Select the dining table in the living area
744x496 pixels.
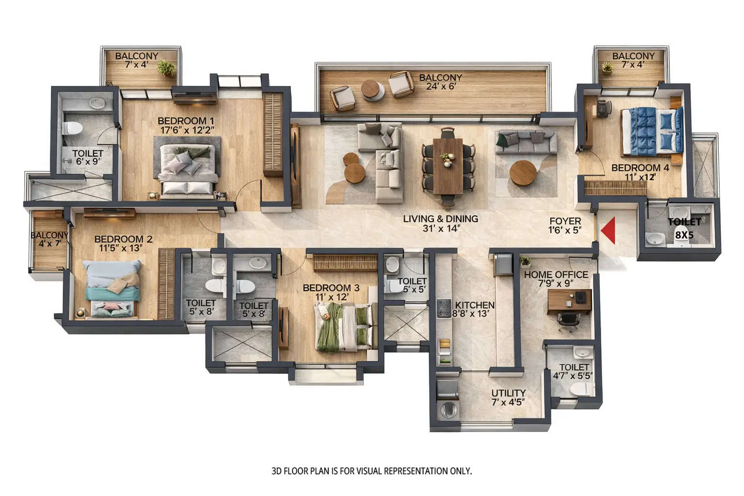coord(448,165)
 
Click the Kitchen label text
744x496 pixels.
coord(475,305)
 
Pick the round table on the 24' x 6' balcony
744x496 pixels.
coord(372,89)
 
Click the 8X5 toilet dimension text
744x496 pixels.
coord(684,234)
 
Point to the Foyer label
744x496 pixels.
coord(565,221)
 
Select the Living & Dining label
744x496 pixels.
coord(440,219)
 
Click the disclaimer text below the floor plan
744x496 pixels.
coord(372,470)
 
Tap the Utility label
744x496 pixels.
coord(508,393)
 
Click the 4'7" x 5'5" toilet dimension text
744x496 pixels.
coord(573,375)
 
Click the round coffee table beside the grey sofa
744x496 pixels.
coord(523,173)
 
